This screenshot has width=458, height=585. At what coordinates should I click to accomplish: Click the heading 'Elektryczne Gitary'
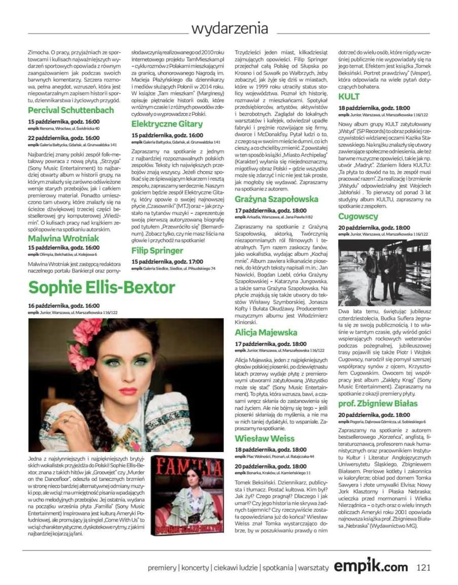coord(167,124)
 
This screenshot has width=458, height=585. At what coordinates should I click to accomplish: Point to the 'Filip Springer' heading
coord(157,251)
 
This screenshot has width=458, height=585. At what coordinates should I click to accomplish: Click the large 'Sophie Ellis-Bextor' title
coord(101,287)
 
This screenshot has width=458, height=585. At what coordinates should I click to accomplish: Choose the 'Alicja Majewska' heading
coord(266,333)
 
